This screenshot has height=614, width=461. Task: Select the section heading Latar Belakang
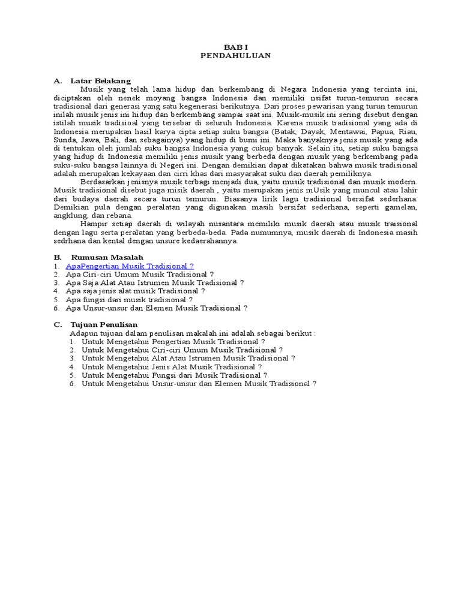(100, 81)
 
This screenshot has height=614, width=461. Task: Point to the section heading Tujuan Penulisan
(104, 324)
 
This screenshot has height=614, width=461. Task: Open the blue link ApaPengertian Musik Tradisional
(130, 266)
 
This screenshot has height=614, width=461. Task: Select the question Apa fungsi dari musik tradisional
(129, 299)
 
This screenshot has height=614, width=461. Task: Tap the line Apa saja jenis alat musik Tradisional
(135, 291)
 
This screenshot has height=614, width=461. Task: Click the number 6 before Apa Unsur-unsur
(55, 308)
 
